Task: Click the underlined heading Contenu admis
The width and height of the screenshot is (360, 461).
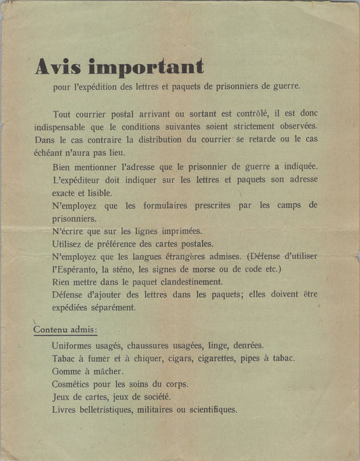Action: [66, 329]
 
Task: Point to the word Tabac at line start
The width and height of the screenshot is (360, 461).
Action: [63, 358]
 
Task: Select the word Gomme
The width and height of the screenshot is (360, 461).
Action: [66, 371]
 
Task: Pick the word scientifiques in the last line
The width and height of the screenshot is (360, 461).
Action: [207, 409]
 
